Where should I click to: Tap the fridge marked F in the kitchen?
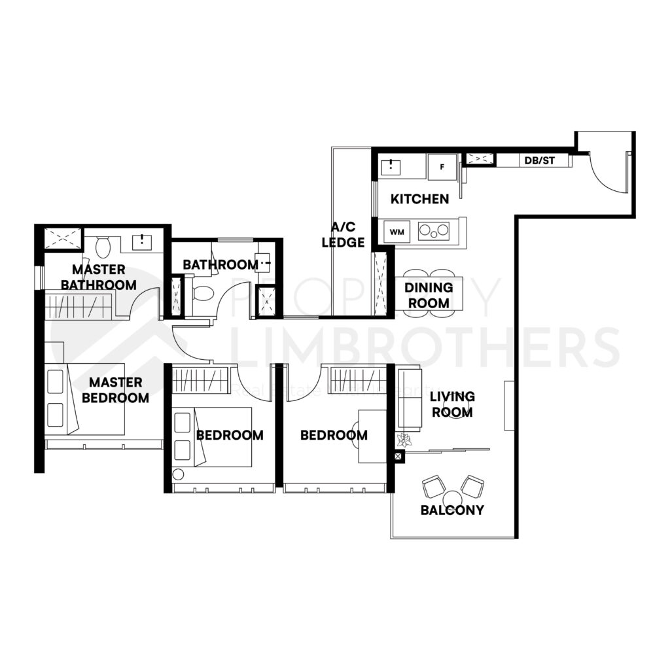pos(442,167)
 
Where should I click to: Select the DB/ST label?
pos(539,160)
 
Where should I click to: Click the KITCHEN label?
pos(419,199)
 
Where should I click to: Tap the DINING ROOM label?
pos(429,295)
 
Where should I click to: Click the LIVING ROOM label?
pos(452,404)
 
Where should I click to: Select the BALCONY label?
pos(452,510)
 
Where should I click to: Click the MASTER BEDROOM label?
pos(119,389)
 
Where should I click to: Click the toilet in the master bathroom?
pos(103,247)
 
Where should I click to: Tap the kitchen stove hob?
pos(434,230)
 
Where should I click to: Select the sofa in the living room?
pos(410,399)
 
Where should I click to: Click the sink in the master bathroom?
pos(142,241)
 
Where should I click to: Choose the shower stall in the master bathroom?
pos(63,238)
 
